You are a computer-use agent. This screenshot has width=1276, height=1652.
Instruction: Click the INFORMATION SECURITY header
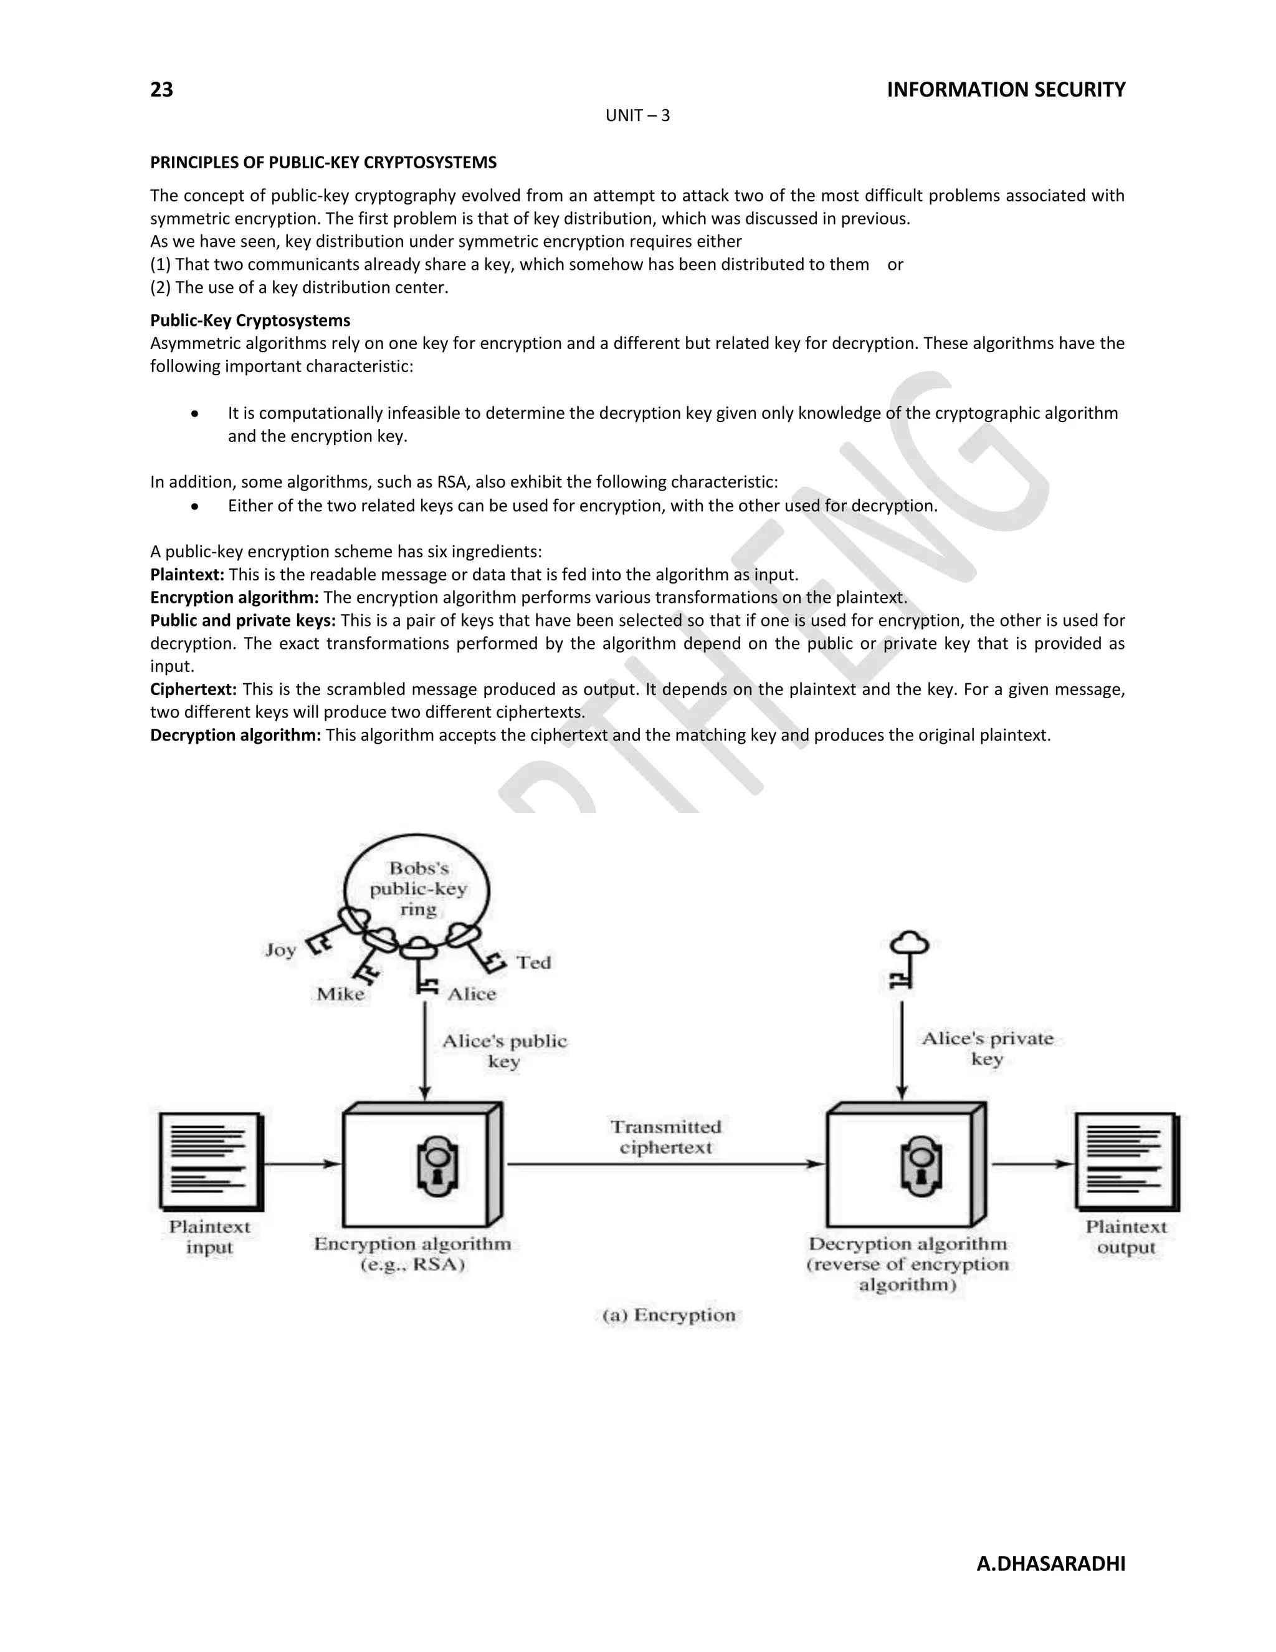1006,90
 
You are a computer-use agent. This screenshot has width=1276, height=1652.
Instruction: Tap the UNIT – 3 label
637,116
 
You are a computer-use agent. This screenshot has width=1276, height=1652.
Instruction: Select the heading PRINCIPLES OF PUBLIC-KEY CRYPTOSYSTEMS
323,163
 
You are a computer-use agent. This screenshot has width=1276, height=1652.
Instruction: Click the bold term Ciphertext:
194,689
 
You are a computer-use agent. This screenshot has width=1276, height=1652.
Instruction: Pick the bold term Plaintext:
188,574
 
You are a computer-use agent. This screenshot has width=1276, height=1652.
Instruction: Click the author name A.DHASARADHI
1050,1563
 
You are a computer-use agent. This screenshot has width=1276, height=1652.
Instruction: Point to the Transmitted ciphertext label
666,1137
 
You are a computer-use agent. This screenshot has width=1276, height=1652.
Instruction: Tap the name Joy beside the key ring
280,950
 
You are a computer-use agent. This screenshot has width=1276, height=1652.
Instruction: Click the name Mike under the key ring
340,994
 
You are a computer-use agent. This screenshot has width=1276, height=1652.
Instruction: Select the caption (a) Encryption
669,1315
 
